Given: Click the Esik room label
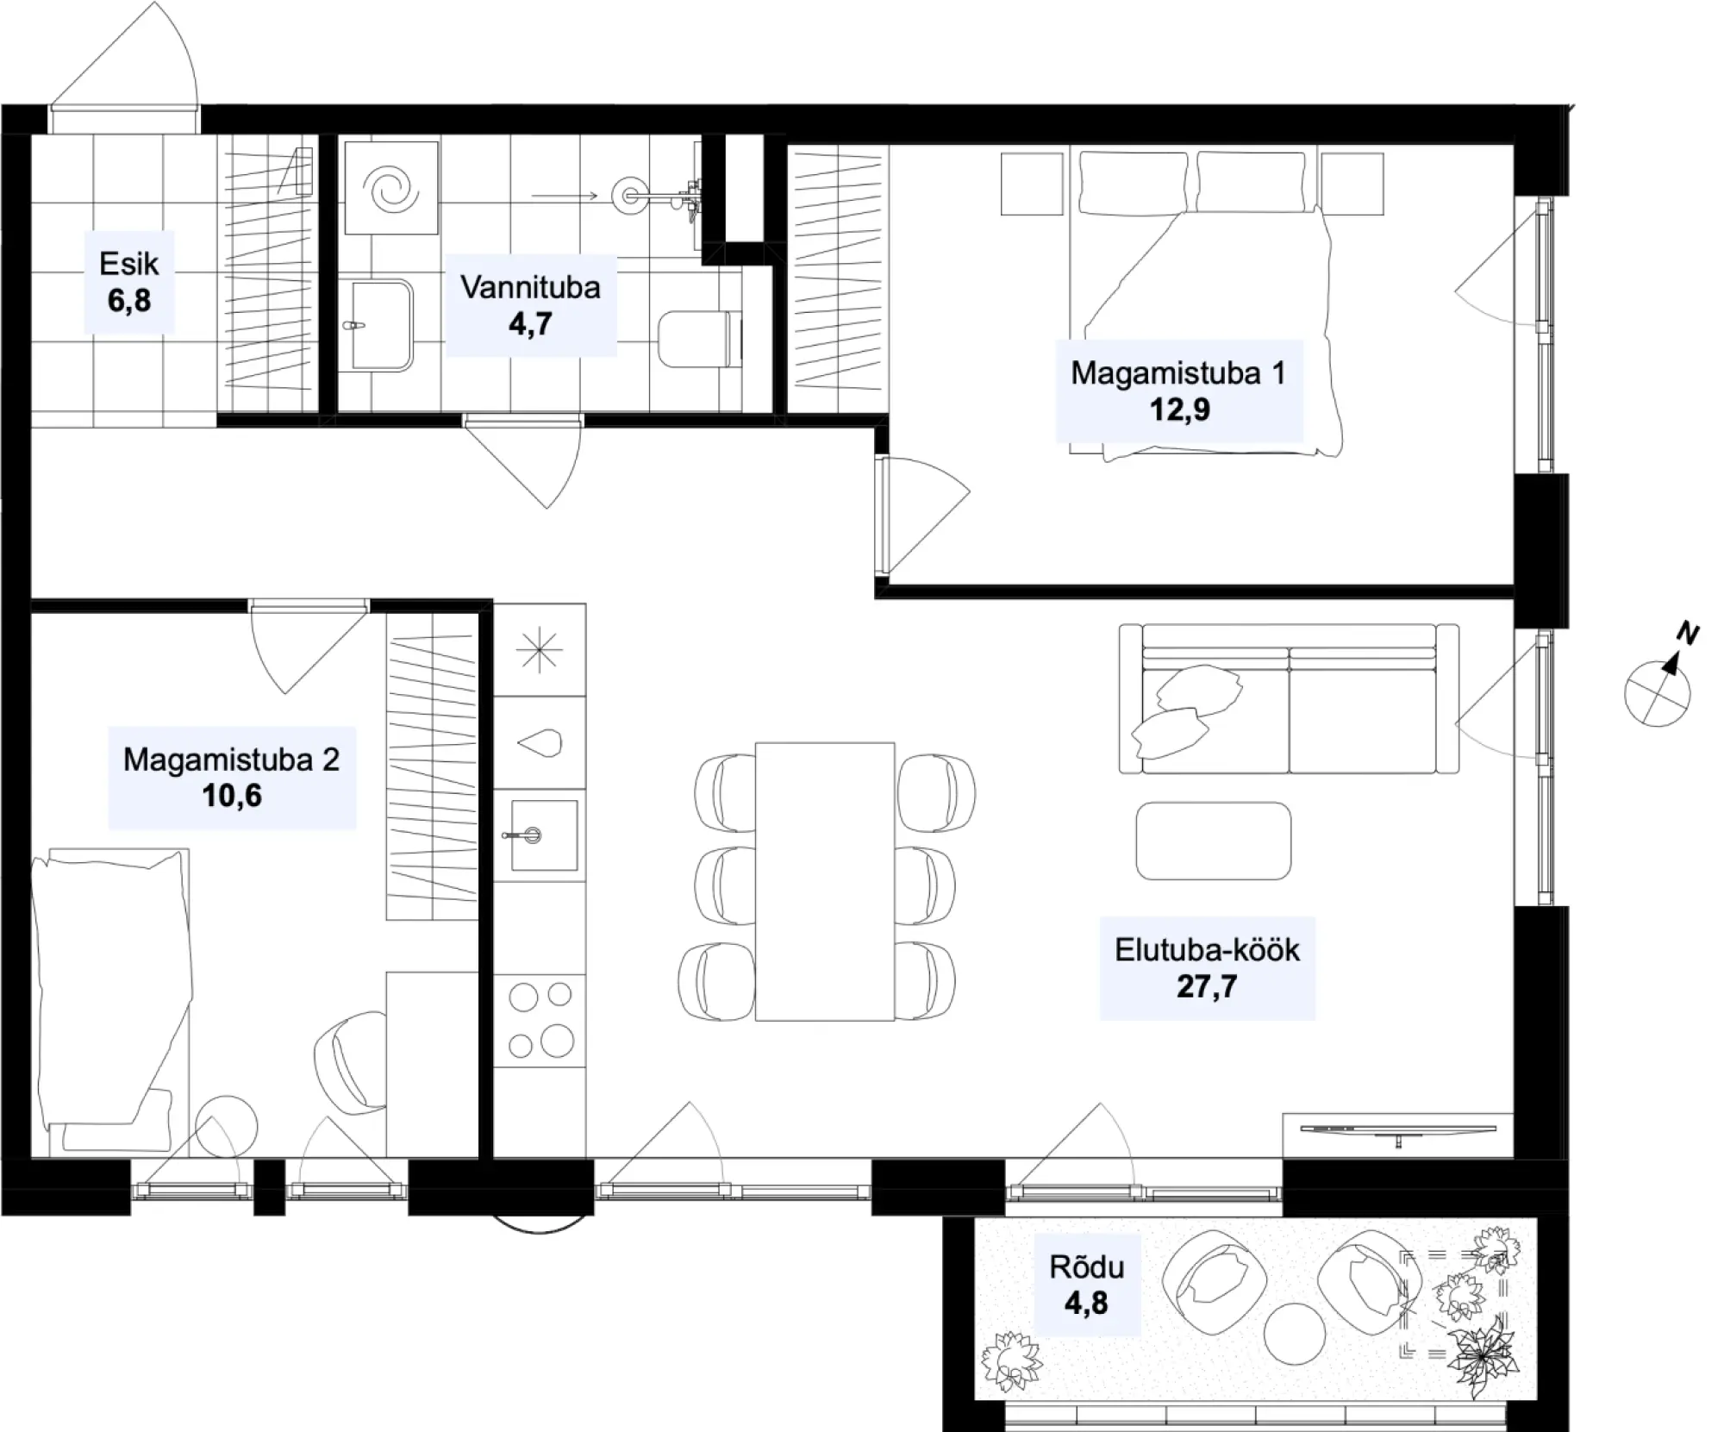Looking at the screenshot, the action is (x=129, y=263).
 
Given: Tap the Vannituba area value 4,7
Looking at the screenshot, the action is (x=530, y=324).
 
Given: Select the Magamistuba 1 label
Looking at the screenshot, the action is (x=1177, y=372).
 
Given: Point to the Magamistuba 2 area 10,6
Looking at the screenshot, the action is (x=232, y=796).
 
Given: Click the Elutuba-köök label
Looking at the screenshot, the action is (x=1207, y=949).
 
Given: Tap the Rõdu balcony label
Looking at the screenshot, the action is (x=1086, y=1266).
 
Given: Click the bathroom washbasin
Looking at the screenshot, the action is (x=376, y=325).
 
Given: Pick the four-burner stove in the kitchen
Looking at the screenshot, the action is (x=540, y=1022).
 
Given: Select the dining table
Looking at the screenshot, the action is (x=825, y=881).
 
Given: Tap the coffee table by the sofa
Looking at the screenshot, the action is (x=1214, y=841).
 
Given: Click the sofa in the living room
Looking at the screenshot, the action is (x=1289, y=698).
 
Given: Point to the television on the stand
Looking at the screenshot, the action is (x=1398, y=1130).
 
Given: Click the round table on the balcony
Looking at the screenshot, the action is (x=1296, y=1333).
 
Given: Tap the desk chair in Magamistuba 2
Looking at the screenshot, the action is (x=351, y=1062).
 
